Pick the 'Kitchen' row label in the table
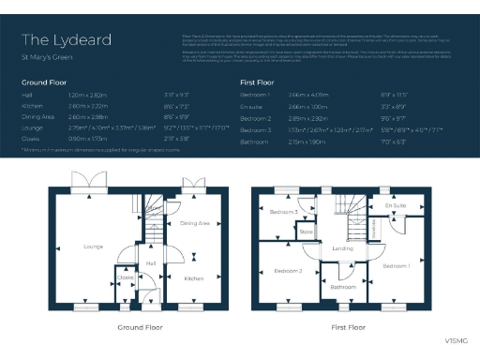pos(33,108)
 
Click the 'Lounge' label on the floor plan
pos(93,247)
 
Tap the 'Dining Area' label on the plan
pos(195,223)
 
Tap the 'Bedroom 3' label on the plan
pos(283,213)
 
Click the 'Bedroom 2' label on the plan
pos(287,270)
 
